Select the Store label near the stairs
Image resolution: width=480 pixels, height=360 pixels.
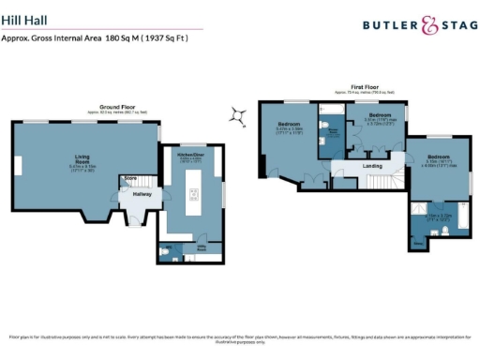coord(130,177)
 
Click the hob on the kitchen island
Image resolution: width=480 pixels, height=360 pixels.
coord(194,196)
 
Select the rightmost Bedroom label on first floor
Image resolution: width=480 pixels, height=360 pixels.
coord(439,157)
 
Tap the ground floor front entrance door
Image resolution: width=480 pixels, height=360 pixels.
coord(131,223)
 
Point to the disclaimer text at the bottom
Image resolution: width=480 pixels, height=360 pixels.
coord(240,337)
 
